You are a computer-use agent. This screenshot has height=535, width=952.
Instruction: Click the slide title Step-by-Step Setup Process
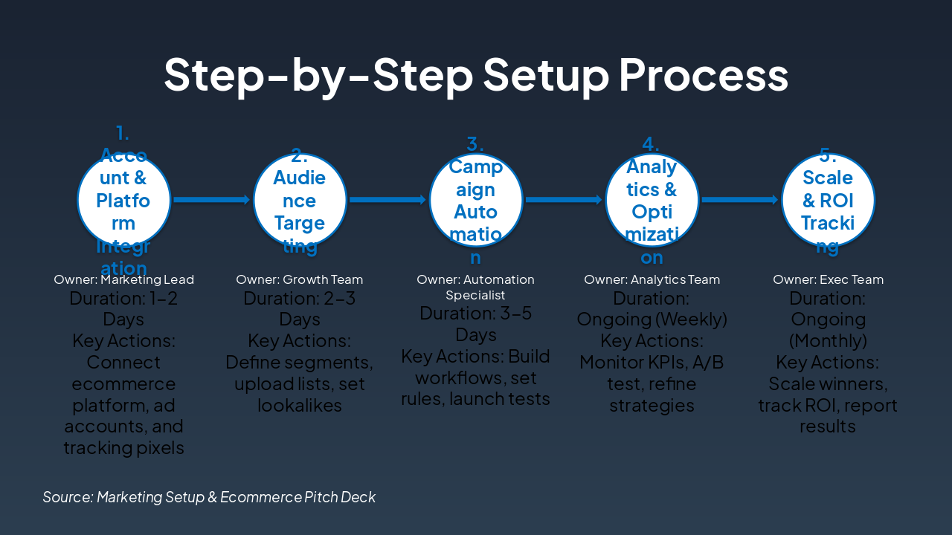(476, 74)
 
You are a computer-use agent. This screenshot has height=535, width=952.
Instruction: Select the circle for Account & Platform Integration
(124, 199)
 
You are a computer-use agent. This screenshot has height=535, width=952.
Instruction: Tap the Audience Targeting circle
(300, 199)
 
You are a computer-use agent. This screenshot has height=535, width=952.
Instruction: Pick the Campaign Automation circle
(476, 199)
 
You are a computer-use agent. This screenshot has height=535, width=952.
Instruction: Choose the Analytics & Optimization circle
(652, 199)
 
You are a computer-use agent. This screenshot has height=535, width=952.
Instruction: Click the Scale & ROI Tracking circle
(828, 199)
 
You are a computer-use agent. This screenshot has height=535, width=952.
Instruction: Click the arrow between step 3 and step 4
(564, 199)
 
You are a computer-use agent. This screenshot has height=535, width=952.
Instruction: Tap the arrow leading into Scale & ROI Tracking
(740, 199)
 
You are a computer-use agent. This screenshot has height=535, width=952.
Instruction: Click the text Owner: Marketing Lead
(124, 280)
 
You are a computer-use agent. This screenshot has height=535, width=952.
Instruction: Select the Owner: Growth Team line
(300, 280)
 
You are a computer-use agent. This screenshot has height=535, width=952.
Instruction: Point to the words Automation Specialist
(476, 288)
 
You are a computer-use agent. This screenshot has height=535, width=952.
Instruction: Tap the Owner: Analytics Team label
(652, 280)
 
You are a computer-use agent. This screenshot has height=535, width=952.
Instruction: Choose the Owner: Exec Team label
(828, 280)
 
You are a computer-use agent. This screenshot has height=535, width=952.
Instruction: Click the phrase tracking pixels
(124, 448)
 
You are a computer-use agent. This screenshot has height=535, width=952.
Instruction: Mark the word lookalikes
(300, 406)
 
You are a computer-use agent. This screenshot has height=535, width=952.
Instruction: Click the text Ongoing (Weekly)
(652, 320)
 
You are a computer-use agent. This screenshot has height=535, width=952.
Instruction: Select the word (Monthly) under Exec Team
(828, 341)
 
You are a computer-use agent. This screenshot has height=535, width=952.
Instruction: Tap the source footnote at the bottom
(209, 497)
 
